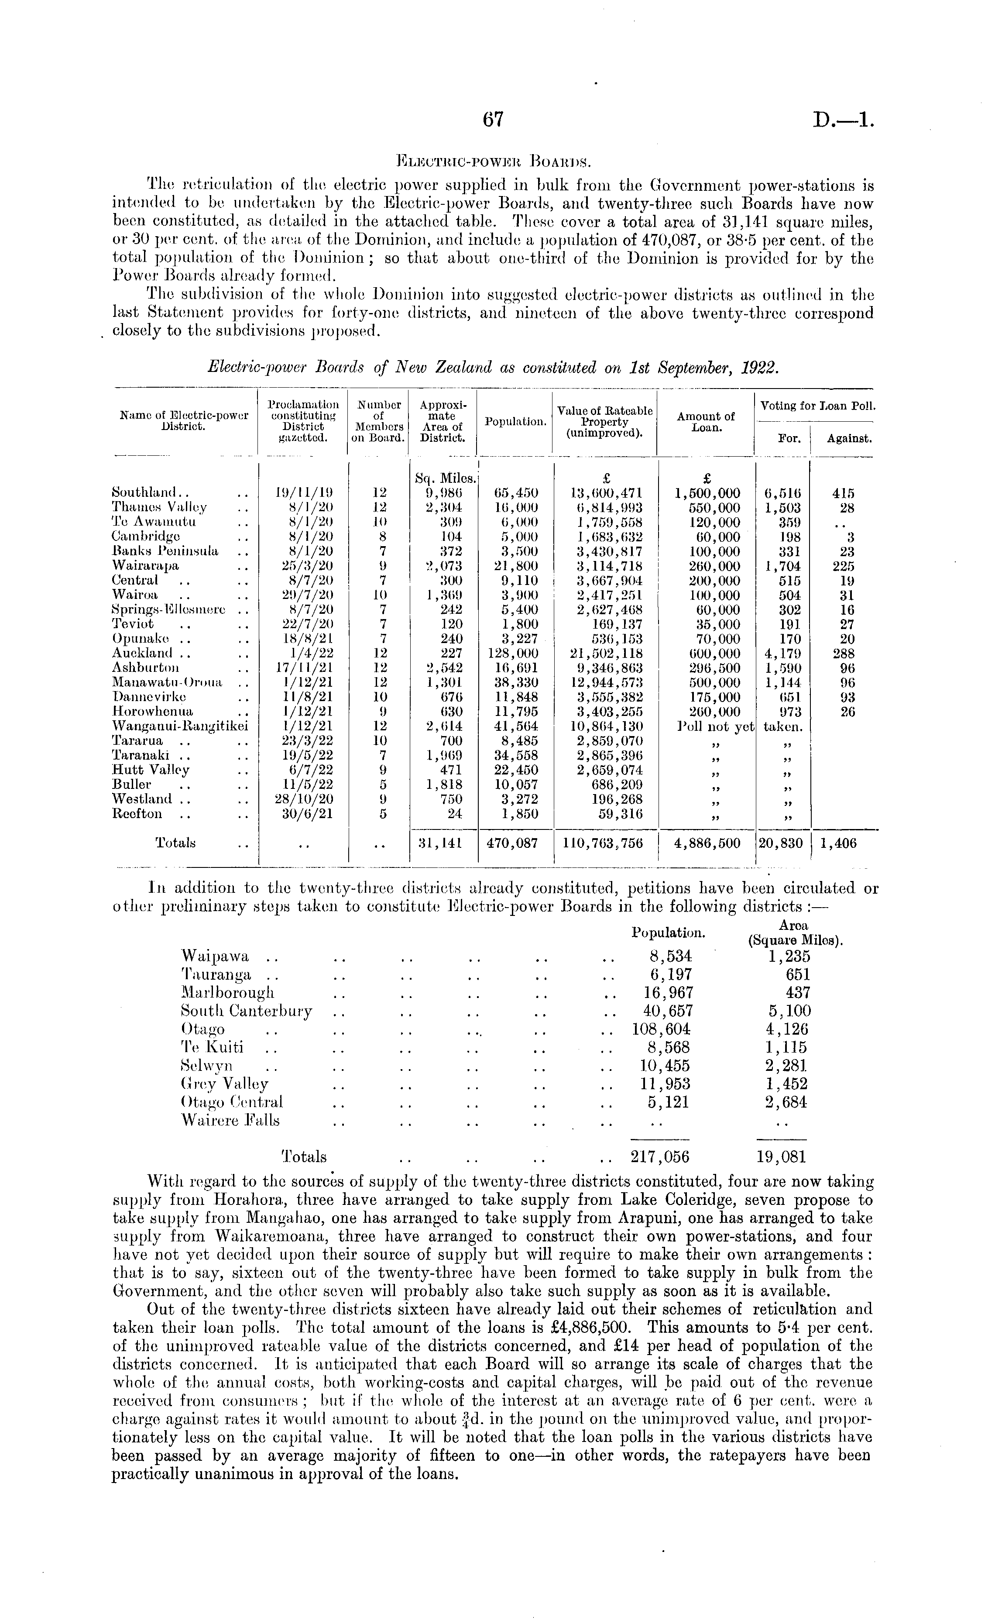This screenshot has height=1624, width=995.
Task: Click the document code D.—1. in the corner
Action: point(843,120)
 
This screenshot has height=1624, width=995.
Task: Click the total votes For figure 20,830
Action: point(781,843)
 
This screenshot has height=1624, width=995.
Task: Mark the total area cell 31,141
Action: point(443,843)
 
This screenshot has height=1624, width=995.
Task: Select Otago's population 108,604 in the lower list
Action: point(658,1029)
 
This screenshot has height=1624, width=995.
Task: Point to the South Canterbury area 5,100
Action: point(789,1011)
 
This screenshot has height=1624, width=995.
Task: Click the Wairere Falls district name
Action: point(230,1121)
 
